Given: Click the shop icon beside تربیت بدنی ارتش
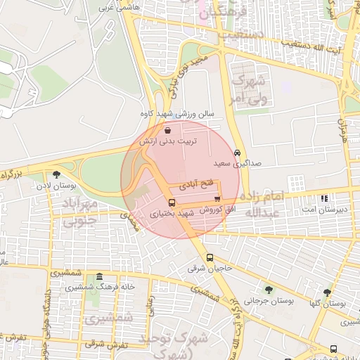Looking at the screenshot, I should tap(167, 131).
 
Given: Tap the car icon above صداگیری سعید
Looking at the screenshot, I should tap(238, 153).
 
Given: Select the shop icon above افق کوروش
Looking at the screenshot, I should tap(217, 198).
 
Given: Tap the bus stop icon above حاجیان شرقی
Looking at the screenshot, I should tap(210, 257).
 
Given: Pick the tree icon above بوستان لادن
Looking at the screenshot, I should tap(56, 175).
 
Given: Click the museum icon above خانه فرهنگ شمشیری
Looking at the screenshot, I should tap(100, 276).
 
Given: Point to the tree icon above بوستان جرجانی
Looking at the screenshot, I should tap(268, 289).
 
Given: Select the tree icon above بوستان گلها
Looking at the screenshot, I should tap(327, 292).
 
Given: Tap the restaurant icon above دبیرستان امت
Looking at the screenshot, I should tap(323, 198).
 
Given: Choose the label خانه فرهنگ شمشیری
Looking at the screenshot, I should tap(100, 287).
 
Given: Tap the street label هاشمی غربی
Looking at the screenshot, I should tap(117, 6).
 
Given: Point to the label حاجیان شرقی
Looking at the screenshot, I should tap(210, 268).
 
